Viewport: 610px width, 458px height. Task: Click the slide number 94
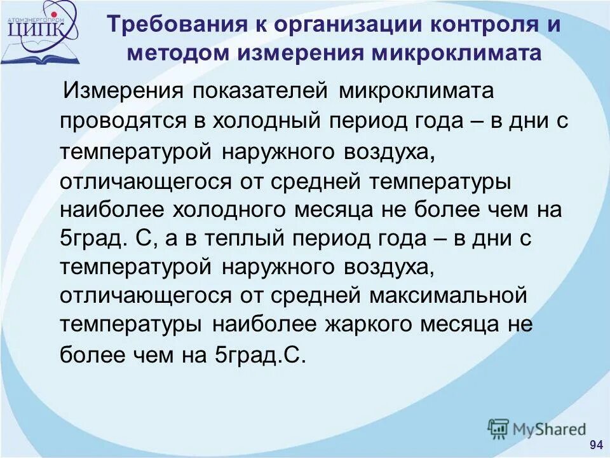pos(596,444)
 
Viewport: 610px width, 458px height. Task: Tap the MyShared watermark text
pos(550,429)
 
